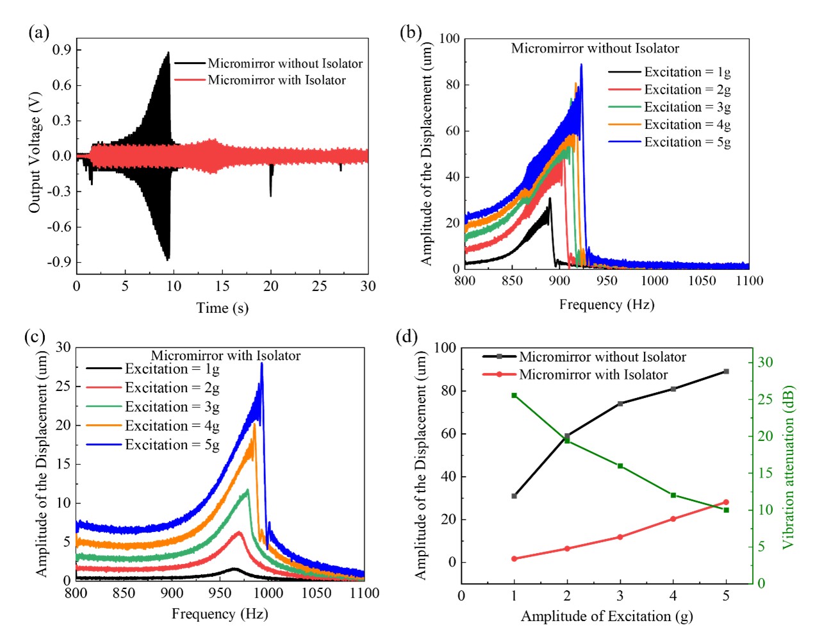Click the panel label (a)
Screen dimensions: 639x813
38,33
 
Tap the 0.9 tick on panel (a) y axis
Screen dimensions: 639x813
62,50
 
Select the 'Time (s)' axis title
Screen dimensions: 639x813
222,308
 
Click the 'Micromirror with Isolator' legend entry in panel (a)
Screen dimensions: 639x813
276,80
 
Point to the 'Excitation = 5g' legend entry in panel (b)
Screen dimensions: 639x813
687,142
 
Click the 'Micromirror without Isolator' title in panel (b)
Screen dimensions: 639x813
595,49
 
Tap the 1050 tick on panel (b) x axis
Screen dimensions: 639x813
702,281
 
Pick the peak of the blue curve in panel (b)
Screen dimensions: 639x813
581,64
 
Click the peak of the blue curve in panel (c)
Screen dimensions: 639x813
261,363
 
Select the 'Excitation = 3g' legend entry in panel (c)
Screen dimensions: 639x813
172,407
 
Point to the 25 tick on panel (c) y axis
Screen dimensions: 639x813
63,386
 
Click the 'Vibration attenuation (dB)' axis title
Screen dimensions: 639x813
788,467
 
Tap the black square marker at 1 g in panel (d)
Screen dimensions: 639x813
514,496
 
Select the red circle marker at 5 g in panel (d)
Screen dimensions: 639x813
726,502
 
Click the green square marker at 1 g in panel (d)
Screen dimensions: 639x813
514,395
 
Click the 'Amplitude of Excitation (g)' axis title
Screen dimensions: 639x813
606,617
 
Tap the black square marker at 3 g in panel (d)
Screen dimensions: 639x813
620,404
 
